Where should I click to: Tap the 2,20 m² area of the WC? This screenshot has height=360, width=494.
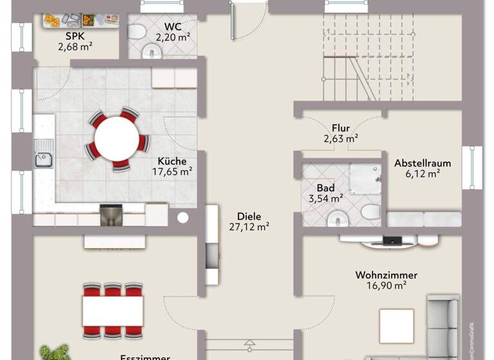(177, 38)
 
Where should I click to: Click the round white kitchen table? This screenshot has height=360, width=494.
(116, 137)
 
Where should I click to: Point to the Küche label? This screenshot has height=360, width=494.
(172, 161)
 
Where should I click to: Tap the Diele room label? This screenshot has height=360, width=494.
(249, 217)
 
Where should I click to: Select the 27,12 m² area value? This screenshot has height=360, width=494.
(249, 227)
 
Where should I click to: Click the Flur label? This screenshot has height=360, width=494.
(341, 128)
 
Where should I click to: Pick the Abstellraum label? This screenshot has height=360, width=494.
(423, 163)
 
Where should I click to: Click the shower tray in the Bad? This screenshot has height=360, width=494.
(365, 177)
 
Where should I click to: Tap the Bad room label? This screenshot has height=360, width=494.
(325, 188)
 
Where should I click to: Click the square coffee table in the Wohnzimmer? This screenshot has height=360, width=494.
(396, 325)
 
